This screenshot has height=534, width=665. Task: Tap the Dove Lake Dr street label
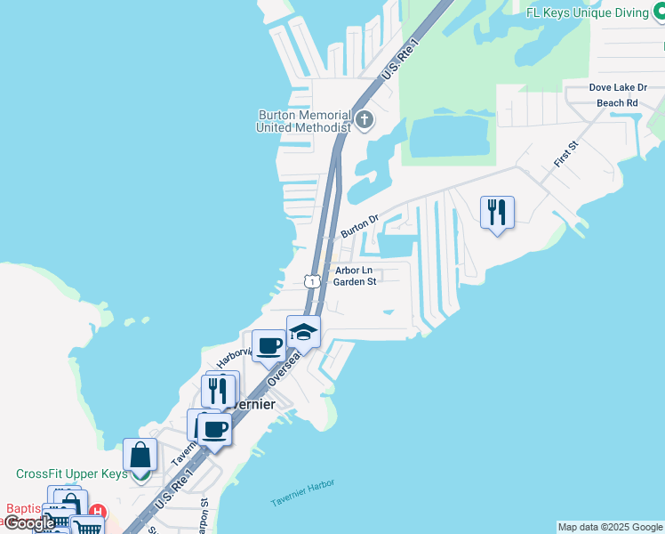pos(618,88)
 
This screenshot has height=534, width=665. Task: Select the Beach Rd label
pos(617,103)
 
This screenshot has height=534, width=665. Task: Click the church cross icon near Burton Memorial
pos(364,119)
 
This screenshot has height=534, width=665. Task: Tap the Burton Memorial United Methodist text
pos(302,121)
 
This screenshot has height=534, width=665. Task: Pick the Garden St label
pos(355,282)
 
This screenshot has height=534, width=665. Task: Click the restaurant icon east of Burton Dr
pos(496,212)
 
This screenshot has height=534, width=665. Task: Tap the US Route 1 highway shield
pos(310,281)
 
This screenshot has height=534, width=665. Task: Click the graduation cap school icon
pos(303,332)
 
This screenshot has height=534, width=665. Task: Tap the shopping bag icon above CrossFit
pos(140,455)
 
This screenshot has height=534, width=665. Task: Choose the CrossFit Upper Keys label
pos(71,474)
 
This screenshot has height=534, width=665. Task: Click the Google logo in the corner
pos(28,522)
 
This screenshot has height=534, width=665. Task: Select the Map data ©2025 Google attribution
pos(610,527)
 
